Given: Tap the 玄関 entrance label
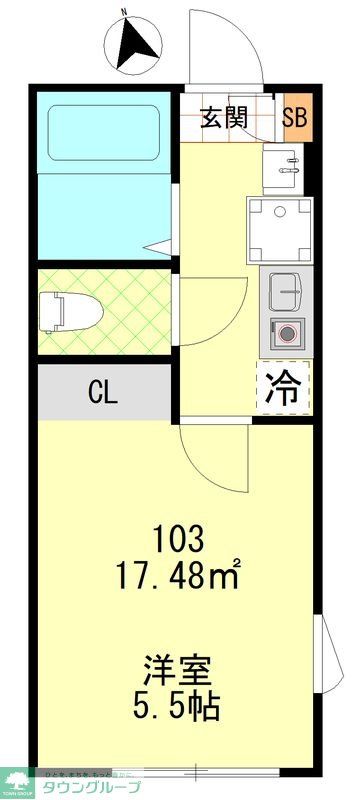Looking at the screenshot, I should click(x=225, y=118).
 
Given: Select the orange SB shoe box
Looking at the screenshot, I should click(x=296, y=118).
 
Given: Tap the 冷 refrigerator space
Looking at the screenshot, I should click(x=284, y=388).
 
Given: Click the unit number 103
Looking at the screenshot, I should click(x=179, y=541).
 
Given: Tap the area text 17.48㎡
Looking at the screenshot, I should click(x=181, y=577).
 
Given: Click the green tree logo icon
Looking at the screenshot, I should click(x=17, y=779).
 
